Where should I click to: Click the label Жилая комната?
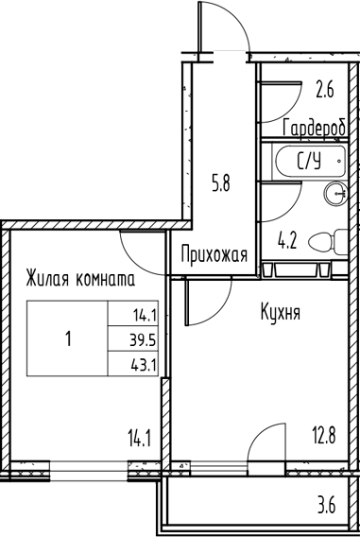pyautogui.click(x=79, y=280)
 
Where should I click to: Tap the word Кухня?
pyautogui.click(x=281, y=312)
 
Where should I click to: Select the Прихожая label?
pyautogui.click(x=214, y=254)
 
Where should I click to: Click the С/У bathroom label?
pyautogui.click(x=309, y=162)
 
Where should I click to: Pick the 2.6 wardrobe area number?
pyautogui.click(x=326, y=92)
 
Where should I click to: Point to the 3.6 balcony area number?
pyautogui.click(x=327, y=504)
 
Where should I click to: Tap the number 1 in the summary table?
pyautogui.click(x=68, y=338)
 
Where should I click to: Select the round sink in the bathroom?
pyautogui.click(x=335, y=194)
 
